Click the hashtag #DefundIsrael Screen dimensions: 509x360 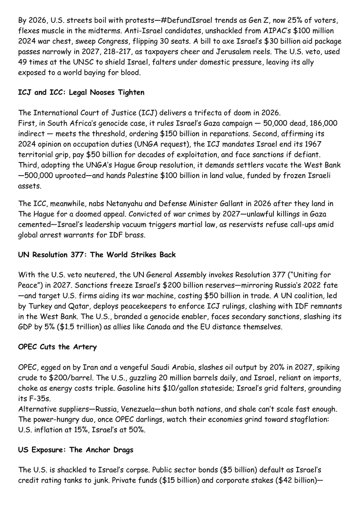tap(165, 20)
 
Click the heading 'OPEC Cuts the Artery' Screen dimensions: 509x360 tap(57, 347)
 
